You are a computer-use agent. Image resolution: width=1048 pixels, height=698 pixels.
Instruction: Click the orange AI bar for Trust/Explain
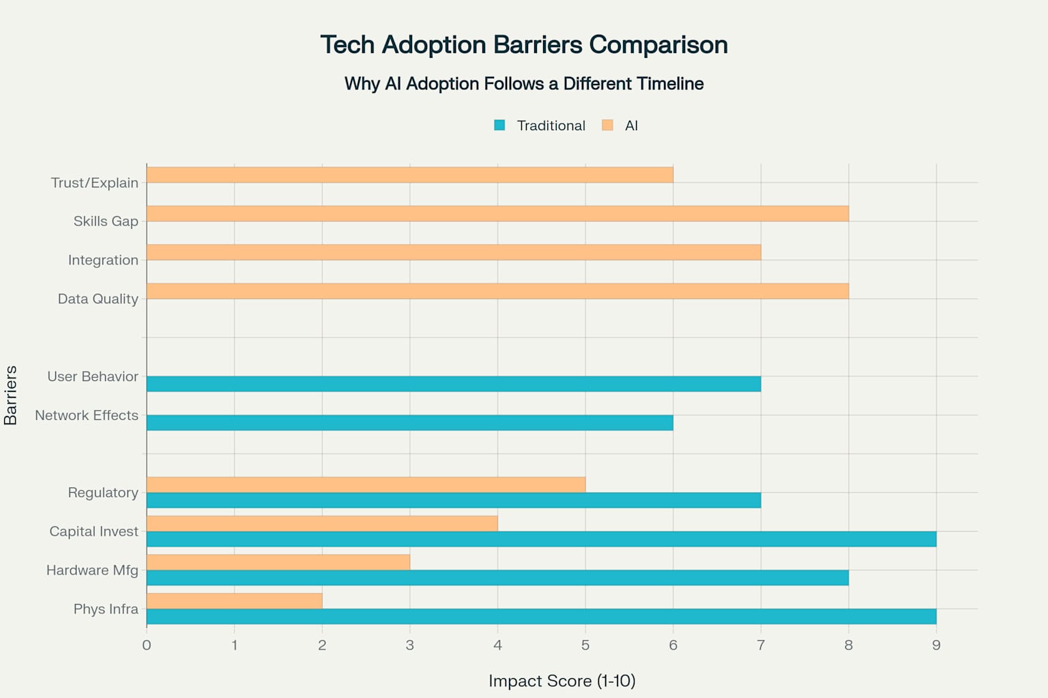click(x=409, y=175)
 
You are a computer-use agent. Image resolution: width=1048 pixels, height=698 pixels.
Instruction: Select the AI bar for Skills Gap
click(x=497, y=214)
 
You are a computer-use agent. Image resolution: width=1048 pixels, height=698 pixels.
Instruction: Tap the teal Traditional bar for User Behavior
click(x=454, y=384)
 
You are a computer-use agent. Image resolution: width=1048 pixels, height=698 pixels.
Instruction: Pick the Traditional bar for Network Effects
click(x=409, y=423)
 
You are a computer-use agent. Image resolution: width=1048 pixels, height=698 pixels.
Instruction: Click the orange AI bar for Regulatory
click(x=366, y=485)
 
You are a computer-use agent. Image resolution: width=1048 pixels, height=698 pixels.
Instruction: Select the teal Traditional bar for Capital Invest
click(x=541, y=539)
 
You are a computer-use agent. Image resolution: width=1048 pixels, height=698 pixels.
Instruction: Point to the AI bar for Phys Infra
click(x=234, y=601)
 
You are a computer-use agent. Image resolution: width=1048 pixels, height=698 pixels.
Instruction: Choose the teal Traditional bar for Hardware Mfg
click(x=497, y=578)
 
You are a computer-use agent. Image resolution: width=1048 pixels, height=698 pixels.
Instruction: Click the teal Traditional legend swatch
click(x=499, y=125)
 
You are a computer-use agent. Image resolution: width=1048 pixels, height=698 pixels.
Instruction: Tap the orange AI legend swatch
click(x=607, y=125)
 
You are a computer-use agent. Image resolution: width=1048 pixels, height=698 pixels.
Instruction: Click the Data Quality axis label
click(x=98, y=299)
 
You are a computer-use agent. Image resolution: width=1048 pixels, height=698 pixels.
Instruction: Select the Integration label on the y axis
click(x=103, y=260)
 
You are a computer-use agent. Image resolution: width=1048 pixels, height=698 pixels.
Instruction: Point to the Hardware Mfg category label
click(x=92, y=570)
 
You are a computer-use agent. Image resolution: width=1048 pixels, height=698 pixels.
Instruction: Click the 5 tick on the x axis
click(x=585, y=645)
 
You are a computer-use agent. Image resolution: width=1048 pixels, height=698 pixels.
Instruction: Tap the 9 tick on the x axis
click(x=936, y=645)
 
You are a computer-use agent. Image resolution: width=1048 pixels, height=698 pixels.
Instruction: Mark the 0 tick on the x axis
click(x=147, y=645)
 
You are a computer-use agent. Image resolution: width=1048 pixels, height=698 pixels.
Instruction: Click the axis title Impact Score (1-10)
click(x=562, y=680)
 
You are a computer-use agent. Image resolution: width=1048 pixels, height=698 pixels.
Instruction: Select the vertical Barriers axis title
click(x=10, y=395)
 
